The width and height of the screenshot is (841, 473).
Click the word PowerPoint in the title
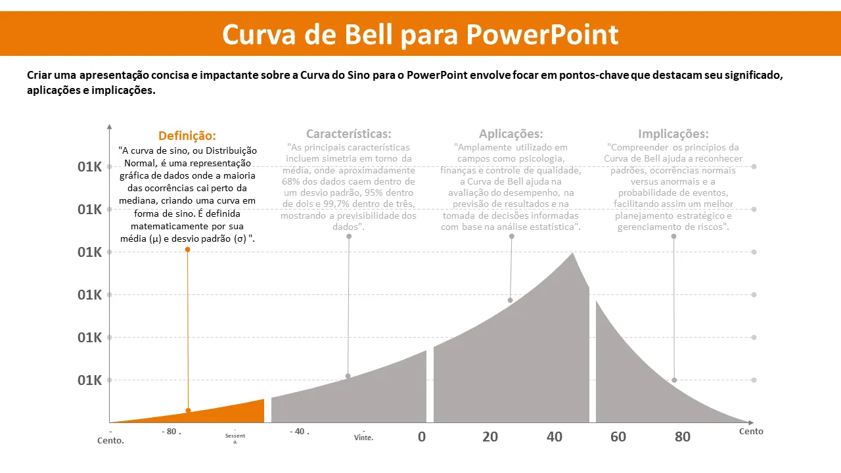(x=542, y=34)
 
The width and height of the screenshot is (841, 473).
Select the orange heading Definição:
(x=187, y=136)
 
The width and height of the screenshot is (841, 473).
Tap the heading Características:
(x=348, y=134)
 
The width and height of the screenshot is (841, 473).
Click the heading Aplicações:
(x=511, y=134)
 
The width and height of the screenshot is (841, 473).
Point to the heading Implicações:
(x=673, y=134)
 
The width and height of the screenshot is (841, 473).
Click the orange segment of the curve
(x=223, y=413)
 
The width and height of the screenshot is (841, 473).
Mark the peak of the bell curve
(x=572, y=254)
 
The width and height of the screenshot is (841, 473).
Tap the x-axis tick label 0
(x=422, y=437)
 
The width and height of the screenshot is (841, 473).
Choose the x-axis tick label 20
(x=490, y=437)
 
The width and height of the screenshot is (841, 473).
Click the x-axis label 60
(x=618, y=437)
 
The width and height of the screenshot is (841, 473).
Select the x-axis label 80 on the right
(x=683, y=437)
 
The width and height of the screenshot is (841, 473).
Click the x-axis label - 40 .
(x=299, y=432)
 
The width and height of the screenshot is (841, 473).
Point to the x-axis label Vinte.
(x=363, y=438)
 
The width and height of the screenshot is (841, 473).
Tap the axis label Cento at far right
(x=751, y=432)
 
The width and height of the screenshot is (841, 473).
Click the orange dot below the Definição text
(x=188, y=250)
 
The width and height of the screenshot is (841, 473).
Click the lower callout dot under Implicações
(x=674, y=380)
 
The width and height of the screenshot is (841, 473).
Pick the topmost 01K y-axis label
(x=89, y=167)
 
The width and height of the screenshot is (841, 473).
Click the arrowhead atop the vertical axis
(x=109, y=125)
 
